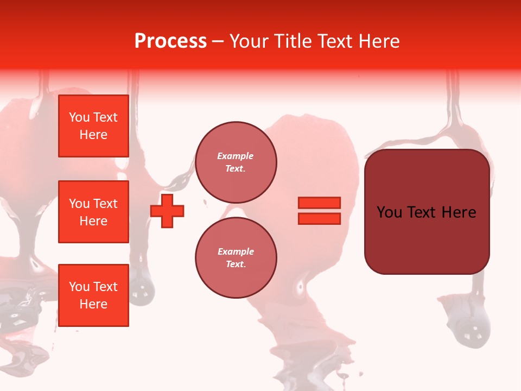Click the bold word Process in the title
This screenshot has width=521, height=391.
coord(170,41)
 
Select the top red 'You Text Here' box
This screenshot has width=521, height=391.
coord(93,126)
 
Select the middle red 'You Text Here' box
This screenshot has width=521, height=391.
coord(93,212)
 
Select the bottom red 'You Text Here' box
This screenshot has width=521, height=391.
coord(93,295)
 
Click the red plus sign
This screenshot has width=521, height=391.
coord(167,211)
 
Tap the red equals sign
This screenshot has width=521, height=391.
coord(319,211)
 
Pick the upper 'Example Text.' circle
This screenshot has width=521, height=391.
coord(236,162)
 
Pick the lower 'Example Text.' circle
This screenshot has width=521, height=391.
coord(236,258)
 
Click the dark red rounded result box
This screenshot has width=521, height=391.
coord(427,212)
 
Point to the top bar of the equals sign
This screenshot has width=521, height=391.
coord(319,203)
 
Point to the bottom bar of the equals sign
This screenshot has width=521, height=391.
coord(319,218)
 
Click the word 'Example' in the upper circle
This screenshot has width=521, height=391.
coord(236,156)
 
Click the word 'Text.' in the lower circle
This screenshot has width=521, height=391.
coord(236,264)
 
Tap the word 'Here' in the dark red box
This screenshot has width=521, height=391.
coord(459,212)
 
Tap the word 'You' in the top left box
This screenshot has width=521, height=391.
coord(79,117)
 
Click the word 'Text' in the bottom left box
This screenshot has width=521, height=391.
coord(106,287)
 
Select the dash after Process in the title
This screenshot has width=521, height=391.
coord(218,41)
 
